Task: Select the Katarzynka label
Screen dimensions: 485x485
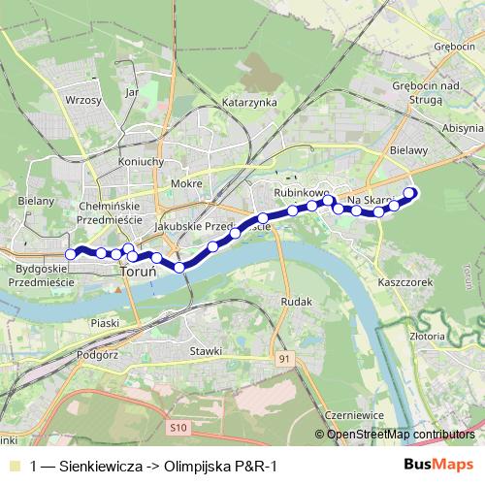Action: (250, 102)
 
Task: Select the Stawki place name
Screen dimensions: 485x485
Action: (207, 350)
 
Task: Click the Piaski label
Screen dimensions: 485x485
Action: (104, 322)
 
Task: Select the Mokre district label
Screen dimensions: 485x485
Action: (185, 183)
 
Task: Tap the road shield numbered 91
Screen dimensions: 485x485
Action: (283, 359)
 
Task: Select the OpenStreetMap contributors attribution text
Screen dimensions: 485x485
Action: (400, 434)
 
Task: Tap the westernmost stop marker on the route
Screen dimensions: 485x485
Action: (70, 254)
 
